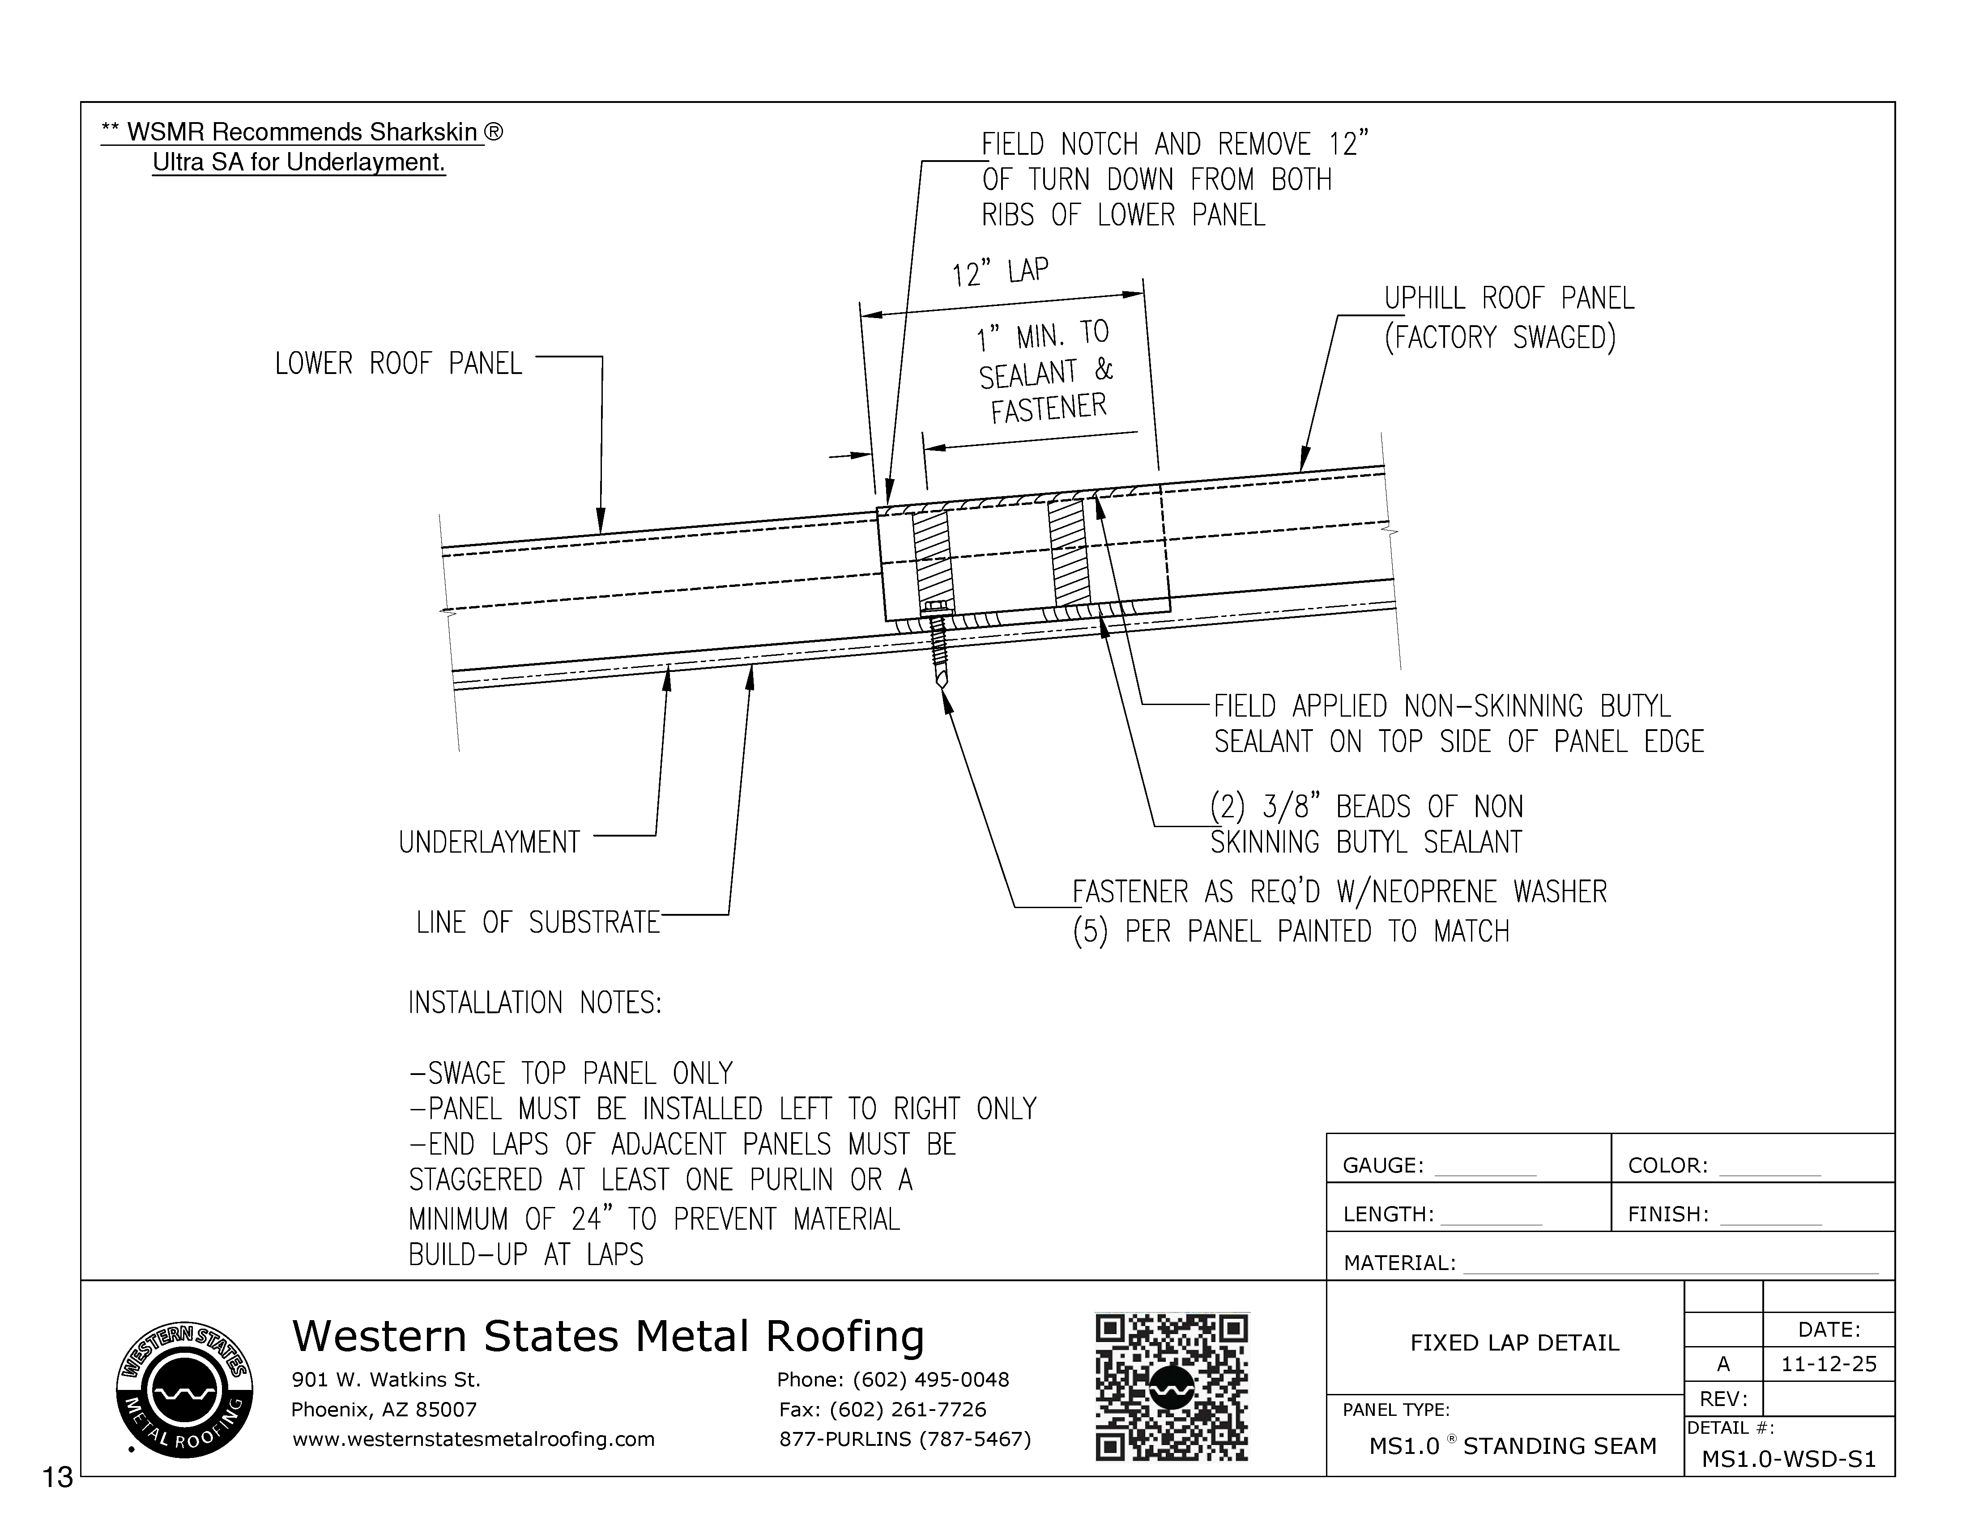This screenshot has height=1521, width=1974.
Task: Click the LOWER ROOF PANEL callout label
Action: [399, 364]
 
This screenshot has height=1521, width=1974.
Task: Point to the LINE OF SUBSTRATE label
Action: [538, 923]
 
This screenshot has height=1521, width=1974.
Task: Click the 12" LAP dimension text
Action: [1000, 271]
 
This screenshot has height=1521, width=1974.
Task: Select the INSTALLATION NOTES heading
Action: [535, 1003]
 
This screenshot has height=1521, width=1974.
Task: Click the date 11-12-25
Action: [1829, 1364]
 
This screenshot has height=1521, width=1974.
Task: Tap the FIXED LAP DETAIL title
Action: [1514, 1343]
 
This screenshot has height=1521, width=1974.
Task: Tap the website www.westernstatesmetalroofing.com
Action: [473, 1439]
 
